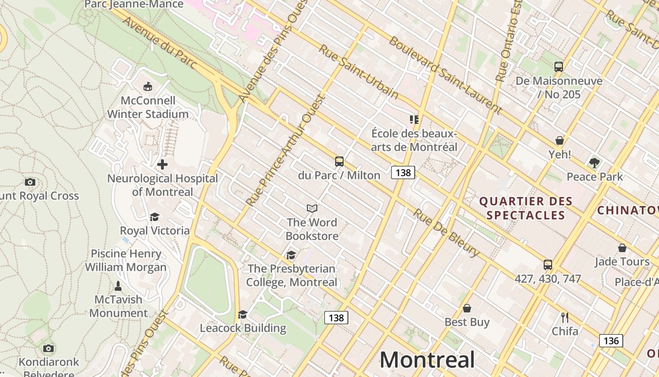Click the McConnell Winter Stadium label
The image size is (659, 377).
[148, 107]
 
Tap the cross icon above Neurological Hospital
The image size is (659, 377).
[162, 164]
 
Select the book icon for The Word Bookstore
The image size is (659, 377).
[312, 208]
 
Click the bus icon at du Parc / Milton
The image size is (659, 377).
[339, 162]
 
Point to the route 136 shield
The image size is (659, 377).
[611, 340]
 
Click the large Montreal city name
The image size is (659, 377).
[427, 360]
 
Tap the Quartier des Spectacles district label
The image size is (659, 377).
[526, 208]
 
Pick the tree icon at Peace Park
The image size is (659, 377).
[595, 163]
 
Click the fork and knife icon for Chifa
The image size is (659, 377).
[565, 317]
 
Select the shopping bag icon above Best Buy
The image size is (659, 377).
[467, 309]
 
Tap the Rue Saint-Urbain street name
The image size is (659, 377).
[358, 72]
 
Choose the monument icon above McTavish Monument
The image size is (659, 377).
[118, 286]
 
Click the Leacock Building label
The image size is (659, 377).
[243, 328]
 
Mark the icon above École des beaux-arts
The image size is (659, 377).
[414, 120]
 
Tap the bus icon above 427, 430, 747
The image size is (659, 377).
[548, 265]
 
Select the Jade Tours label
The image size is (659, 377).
[622, 262]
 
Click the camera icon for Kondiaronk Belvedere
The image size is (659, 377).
[48, 349]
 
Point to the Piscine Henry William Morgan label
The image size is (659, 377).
[126, 260]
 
